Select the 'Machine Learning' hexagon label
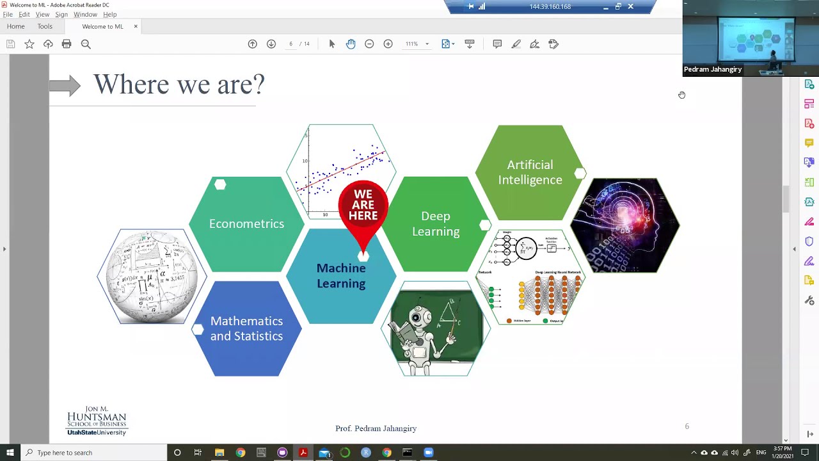click(x=341, y=276)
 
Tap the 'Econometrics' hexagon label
click(x=246, y=223)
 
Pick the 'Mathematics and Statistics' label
click(x=246, y=328)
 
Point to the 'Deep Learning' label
click(x=436, y=223)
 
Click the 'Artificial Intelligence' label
click(x=530, y=172)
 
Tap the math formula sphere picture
click(x=152, y=276)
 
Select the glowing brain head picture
click(x=624, y=225)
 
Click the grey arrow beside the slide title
click(x=65, y=85)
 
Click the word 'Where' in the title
click(x=123, y=85)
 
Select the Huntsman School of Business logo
click(x=97, y=421)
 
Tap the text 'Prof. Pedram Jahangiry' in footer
click(x=376, y=428)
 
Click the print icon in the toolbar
click(x=67, y=44)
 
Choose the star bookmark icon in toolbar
click(x=29, y=44)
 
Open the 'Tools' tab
click(x=45, y=26)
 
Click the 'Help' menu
click(x=110, y=14)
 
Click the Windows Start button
click(x=10, y=453)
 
